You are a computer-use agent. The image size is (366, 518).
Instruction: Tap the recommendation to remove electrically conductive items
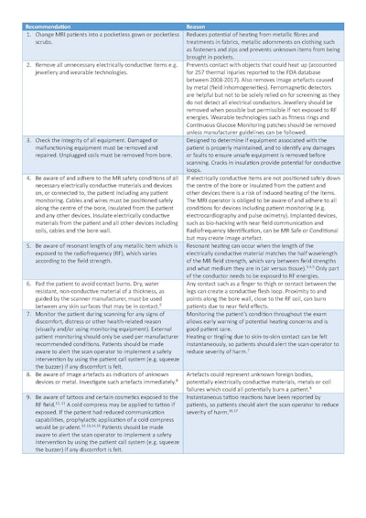click(96, 70)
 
